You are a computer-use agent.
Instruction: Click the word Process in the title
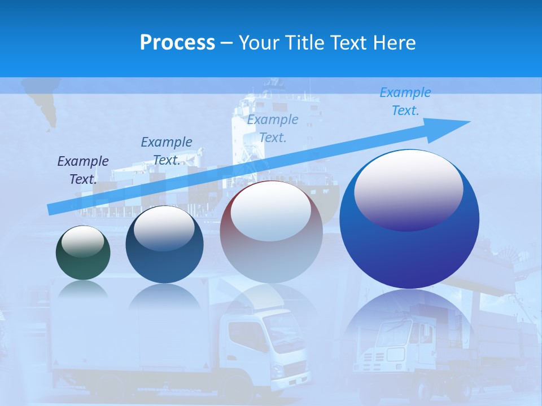(x=177, y=42)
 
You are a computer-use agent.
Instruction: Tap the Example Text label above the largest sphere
(x=405, y=101)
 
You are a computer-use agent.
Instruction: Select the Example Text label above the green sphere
(x=83, y=170)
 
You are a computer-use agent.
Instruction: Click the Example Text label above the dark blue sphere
(x=167, y=151)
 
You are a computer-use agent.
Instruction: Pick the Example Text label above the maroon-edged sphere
(x=273, y=128)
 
